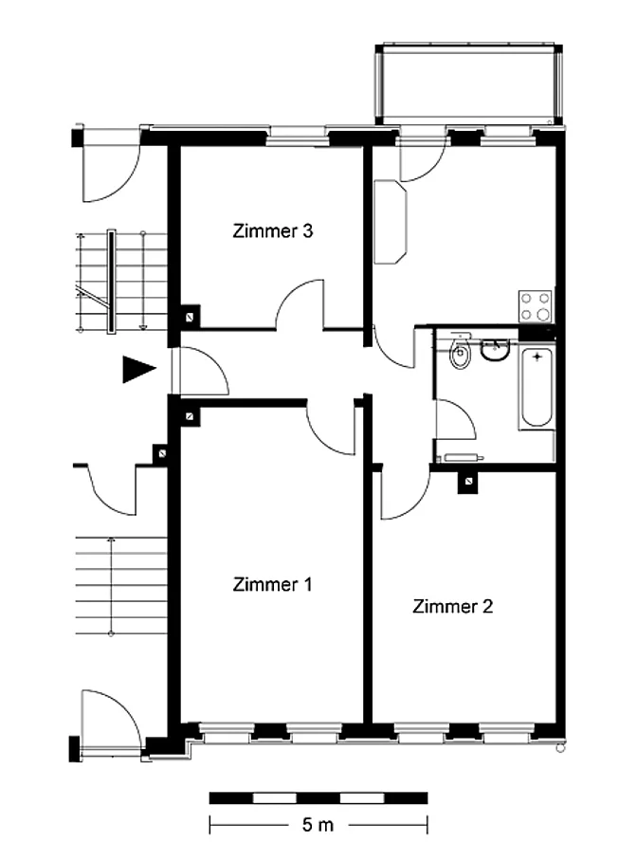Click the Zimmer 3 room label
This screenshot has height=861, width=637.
point(272,230)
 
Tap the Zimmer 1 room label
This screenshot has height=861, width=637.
point(272,584)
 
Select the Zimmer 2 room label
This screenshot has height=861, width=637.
point(452,606)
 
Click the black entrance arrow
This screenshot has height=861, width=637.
point(137,369)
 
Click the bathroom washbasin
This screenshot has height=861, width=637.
point(496,349)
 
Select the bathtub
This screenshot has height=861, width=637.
point(537,388)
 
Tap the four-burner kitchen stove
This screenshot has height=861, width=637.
point(536,306)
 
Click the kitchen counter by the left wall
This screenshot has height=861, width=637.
point(391,222)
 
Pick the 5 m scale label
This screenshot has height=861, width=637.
point(318,825)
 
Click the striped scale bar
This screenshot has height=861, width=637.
point(318,797)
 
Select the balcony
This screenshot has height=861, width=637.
point(469,84)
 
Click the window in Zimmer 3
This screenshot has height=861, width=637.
point(298,137)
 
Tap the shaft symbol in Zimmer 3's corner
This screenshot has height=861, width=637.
point(191,317)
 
